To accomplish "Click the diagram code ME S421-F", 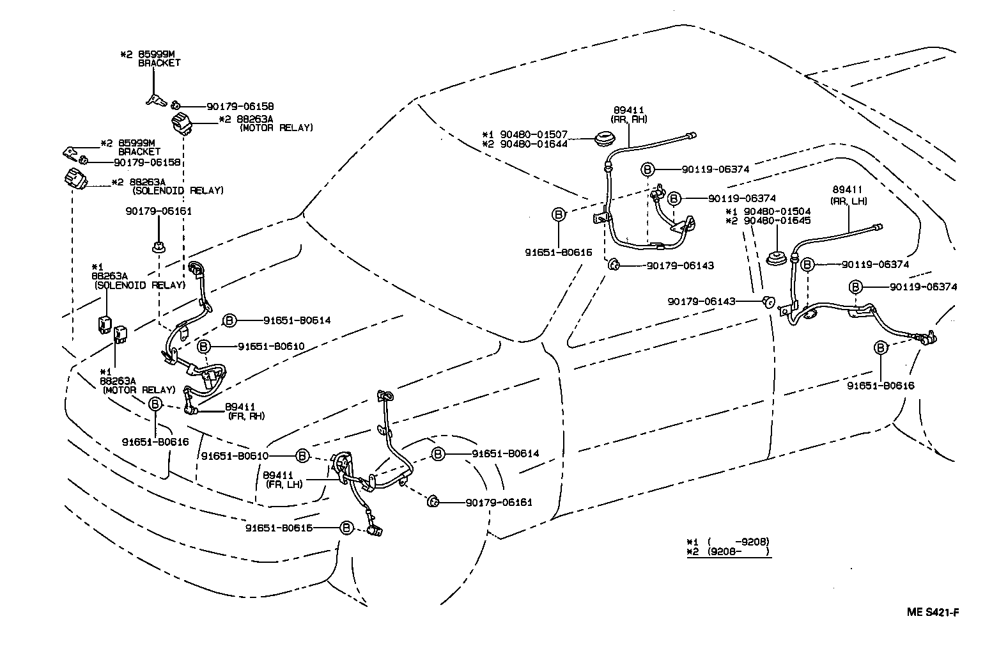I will point(933,612).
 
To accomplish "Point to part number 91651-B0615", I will point(288,528).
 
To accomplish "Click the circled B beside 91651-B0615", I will point(345,528).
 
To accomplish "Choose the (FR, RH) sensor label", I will point(244,416).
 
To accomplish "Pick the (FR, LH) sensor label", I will point(284,484).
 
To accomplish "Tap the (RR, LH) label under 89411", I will point(849,200).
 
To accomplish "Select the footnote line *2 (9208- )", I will point(728,552).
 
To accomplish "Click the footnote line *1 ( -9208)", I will point(728,540).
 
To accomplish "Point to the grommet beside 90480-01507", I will point(603,138).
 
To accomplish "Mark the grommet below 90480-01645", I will point(775,258).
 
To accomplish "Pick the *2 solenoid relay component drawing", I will point(76,178).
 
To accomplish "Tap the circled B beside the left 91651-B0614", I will point(229,320).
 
